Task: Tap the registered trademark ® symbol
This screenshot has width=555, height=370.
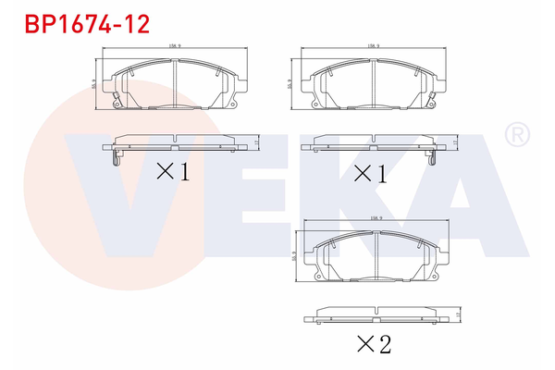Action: coord(515,135)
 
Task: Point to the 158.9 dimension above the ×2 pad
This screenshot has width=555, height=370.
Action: coord(376,219)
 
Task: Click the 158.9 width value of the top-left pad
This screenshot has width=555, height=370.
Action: coord(172,44)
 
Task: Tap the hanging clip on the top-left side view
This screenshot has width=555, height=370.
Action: coord(112,158)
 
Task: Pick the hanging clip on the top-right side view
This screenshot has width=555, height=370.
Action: coord(432,158)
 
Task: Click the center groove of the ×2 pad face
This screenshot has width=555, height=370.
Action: coord(375,256)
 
